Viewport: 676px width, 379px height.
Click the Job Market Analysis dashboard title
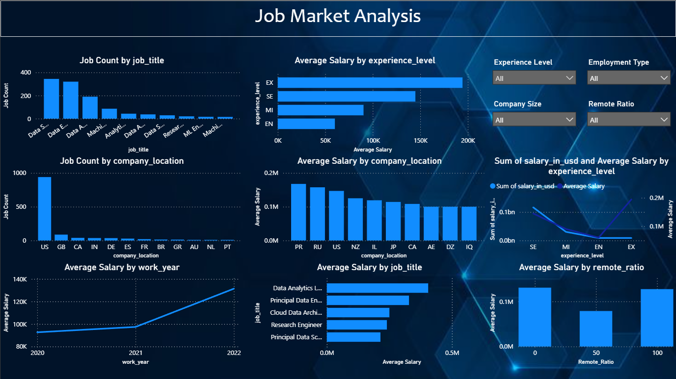click(x=338, y=16)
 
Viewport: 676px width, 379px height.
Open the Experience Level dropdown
click(x=534, y=78)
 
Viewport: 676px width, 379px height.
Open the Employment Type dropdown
click(x=628, y=78)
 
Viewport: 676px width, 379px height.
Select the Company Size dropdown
click(x=534, y=120)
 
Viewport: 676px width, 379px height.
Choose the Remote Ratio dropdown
click(x=628, y=120)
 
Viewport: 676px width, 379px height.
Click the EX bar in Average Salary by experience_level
click(x=370, y=83)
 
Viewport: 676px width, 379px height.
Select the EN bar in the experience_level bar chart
click(x=306, y=124)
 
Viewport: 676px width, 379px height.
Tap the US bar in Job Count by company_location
click(x=45, y=208)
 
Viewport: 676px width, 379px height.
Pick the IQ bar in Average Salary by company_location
click(x=469, y=223)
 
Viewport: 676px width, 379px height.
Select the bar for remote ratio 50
click(x=596, y=328)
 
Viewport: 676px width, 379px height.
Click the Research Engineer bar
click(x=357, y=325)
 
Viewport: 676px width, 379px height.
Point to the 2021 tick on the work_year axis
click(x=135, y=353)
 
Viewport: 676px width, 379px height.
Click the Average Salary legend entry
click(x=583, y=186)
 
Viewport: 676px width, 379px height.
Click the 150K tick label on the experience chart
click(x=421, y=141)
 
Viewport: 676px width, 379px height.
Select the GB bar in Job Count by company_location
click(x=61, y=237)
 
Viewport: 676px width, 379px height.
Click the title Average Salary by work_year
click(x=122, y=267)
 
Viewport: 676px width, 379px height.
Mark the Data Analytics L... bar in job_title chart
click(x=377, y=288)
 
